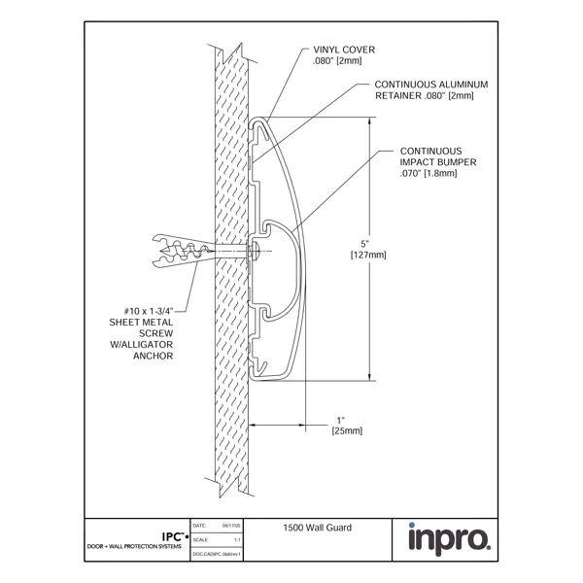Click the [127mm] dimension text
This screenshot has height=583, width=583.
click(x=367, y=255)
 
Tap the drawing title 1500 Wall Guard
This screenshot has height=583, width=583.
click(x=316, y=527)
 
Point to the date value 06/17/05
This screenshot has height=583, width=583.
click(x=231, y=526)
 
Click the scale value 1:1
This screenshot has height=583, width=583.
click(x=237, y=538)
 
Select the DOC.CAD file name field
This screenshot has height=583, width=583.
click(x=217, y=552)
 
